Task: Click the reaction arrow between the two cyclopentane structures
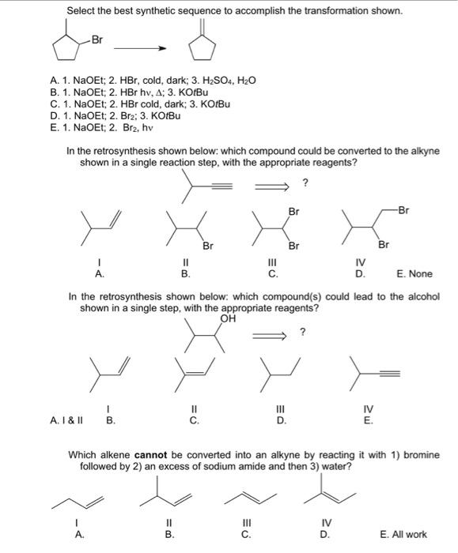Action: [143, 48]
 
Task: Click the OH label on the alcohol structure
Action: [229, 319]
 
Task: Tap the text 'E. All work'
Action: [407, 533]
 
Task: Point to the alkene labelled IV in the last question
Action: [328, 493]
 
